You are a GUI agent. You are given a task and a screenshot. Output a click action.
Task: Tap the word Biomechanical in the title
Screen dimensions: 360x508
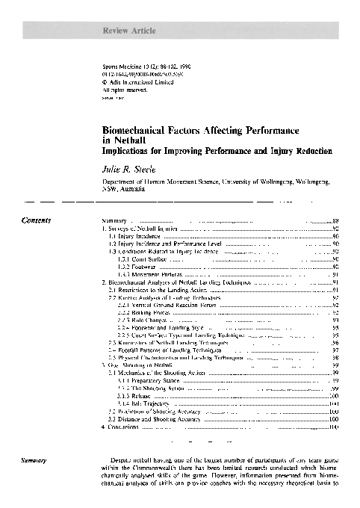coord(135,129)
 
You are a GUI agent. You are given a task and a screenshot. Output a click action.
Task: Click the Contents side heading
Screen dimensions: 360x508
coord(37,221)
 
